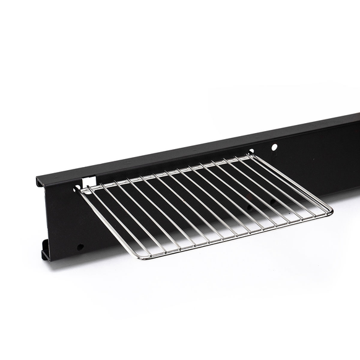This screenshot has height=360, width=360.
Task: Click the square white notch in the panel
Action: click(x=88, y=182)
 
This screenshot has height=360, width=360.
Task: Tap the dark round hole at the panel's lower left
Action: click(x=80, y=247)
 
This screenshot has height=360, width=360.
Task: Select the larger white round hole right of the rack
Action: click(x=274, y=148)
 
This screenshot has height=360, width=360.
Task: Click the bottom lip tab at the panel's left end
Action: click(x=46, y=254)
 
